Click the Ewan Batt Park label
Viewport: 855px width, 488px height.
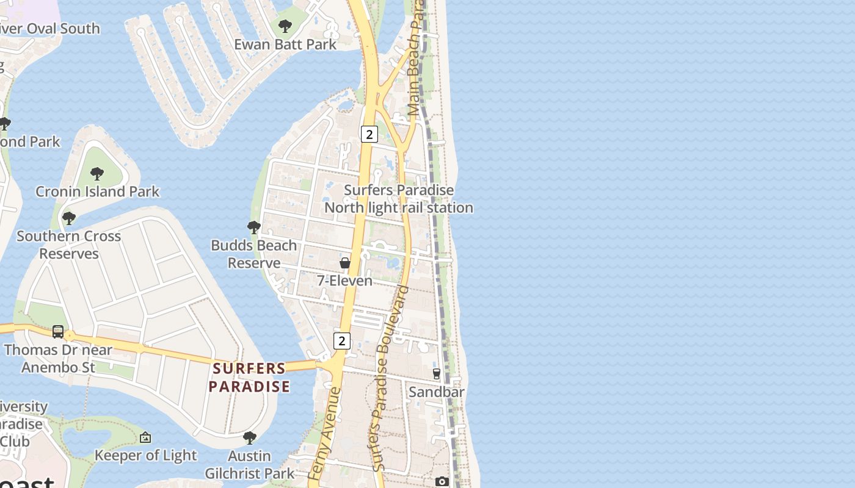click(285, 45)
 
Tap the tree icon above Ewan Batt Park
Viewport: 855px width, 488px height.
click(285, 26)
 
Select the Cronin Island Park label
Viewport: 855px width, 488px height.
click(97, 192)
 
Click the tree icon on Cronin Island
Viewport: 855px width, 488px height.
click(97, 173)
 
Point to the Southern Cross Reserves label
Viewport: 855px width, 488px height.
click(68, 245)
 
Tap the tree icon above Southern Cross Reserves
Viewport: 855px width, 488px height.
click(69, 218)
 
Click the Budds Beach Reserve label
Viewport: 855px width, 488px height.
click(253, 254)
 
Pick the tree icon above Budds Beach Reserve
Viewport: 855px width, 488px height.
click(254, 228)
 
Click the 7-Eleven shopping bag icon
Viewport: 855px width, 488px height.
click(345, 263)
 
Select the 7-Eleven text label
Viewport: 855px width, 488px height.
click(344, 281)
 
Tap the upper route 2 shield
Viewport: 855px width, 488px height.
click(369, 134)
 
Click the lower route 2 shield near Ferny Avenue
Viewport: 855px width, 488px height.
click(342, 341)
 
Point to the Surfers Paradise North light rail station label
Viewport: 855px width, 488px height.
click(399, 199)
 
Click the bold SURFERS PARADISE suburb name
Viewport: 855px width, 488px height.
click(249, 378)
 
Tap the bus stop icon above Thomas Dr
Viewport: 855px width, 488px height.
click(58, 332)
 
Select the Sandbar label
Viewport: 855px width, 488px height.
click(436, 392)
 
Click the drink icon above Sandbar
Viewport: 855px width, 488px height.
click(436, 373)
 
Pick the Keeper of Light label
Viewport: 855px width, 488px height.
click(145, 455)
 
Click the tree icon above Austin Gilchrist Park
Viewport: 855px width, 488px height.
click(249, 437)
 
